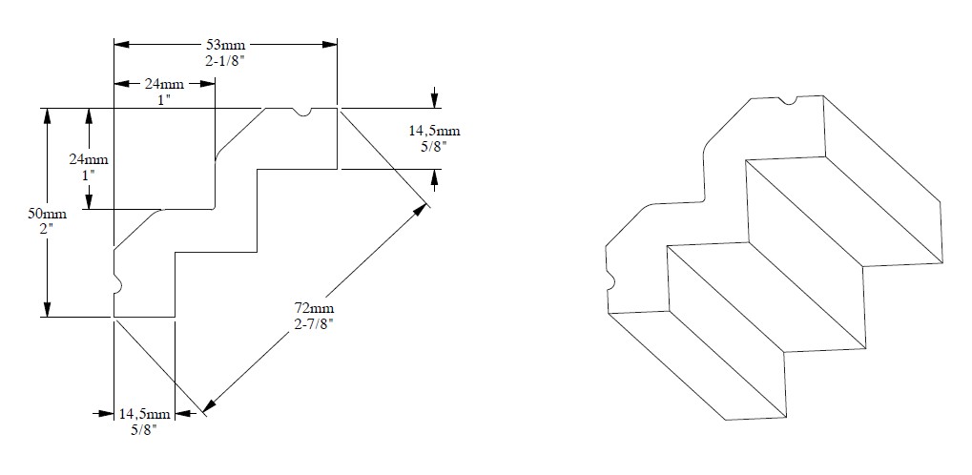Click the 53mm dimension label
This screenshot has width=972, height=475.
(225, 44)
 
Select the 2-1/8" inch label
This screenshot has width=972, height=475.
(225, 59)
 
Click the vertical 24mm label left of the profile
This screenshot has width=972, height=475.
(89, 160)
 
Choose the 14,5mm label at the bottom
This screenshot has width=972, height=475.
(145, 414)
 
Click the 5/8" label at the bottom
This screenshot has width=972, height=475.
(145, 430)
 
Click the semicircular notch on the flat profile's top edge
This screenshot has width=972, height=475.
(302, 113)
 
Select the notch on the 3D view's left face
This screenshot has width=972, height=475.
(610, 280)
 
